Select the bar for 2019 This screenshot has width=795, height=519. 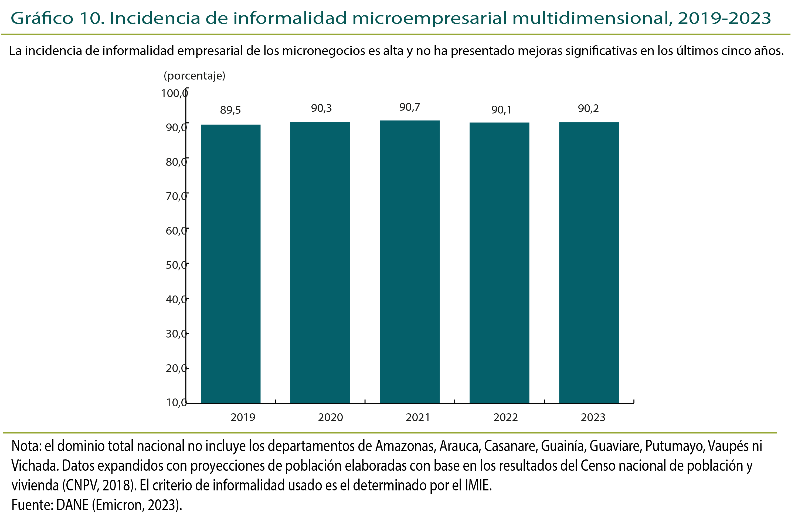pos(230,264)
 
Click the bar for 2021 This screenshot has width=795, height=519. pos(410,262)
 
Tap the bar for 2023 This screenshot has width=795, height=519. pos(589,263)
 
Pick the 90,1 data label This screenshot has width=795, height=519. pos(501,110)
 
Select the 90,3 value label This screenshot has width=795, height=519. pos(321,108)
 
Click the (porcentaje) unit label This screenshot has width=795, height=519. pos(194,76)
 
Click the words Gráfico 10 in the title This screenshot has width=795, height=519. pos(57,18)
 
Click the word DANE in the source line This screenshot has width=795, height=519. pos(72,505)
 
